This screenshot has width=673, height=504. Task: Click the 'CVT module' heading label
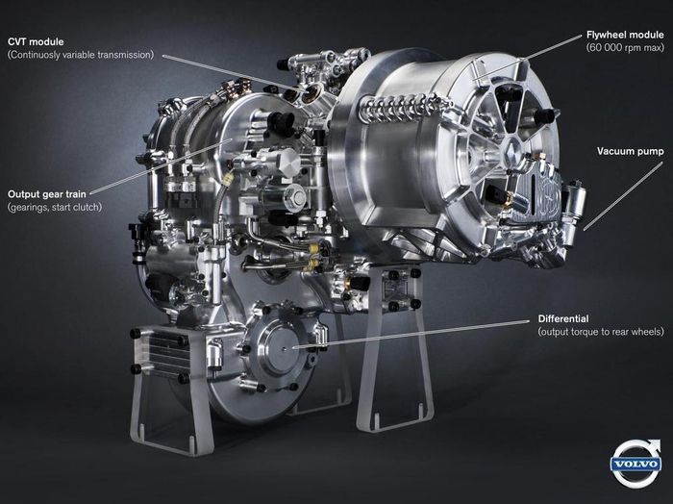point(36,41)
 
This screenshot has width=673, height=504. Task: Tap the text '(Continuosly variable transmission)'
point(81,55)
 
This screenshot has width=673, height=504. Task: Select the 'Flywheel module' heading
point(625,35)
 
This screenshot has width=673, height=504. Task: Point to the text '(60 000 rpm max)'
point(625,47)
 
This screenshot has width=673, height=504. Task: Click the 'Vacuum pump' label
point(630,151)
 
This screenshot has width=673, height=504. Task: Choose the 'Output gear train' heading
point(47,194)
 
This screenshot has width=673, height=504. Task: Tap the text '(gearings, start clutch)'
point(55,207)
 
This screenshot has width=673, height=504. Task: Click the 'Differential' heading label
point(563,319)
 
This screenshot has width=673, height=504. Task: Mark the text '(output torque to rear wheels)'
point(601,332)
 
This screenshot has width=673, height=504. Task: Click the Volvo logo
point(636,464)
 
